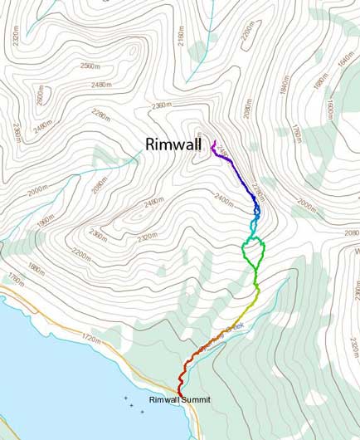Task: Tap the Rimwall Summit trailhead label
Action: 180,400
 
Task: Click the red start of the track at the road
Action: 180,391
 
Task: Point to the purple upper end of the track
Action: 213,143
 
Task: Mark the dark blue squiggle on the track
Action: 256,212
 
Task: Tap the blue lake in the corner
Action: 41,374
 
